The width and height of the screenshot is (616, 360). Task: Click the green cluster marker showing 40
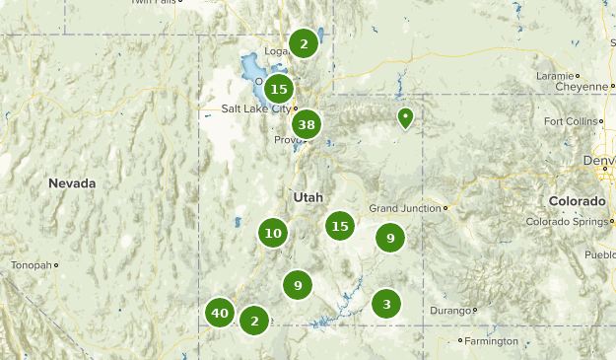[220, 314]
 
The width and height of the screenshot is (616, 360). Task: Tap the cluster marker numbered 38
[307, 124]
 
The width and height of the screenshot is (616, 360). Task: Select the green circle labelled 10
[273, 234]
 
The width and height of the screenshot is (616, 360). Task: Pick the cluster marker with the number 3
[386, 304]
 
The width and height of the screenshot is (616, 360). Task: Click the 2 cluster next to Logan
[304, 43]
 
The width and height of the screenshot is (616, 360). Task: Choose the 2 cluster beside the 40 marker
[254, 320]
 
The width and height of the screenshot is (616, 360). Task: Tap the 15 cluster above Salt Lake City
[278, 89]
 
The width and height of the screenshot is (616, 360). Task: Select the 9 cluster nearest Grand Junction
[390, 238]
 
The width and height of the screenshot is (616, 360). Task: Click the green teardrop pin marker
[405, 119]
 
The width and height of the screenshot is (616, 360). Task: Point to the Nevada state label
[73, 183]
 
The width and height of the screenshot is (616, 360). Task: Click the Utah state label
[308, 197]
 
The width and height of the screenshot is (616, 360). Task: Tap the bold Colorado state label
[577, 201]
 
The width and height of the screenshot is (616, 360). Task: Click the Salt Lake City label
[255, 108]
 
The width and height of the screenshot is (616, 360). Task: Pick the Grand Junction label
[404, 208]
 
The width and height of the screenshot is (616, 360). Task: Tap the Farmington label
[492, 341]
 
